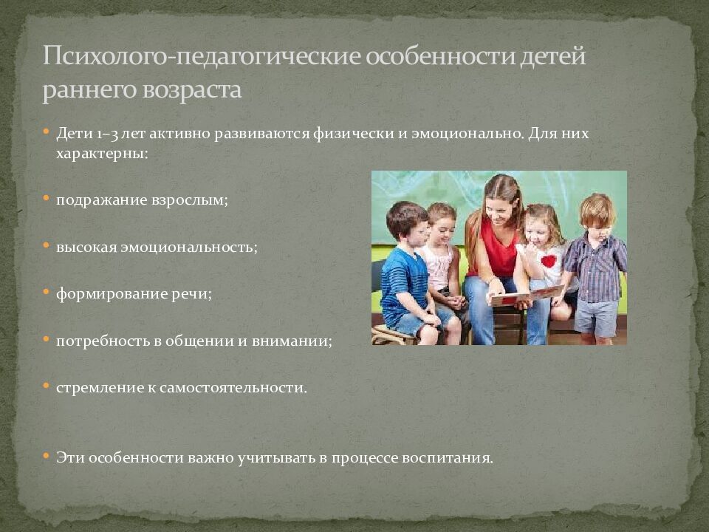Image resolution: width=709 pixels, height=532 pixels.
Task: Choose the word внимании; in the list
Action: [293, 341]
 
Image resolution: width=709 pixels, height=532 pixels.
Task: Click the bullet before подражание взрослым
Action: [46, 199]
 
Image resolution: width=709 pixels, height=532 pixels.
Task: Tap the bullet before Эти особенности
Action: [46, 456]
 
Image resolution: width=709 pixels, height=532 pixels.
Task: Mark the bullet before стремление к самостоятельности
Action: [46, 386]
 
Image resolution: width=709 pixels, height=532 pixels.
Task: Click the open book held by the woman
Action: [524, 296]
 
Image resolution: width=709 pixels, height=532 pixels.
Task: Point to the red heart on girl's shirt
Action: [547, 261]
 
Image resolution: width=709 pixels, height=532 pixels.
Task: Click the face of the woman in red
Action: [501, 208]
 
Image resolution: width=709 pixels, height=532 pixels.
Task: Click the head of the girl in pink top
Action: [442, 222]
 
